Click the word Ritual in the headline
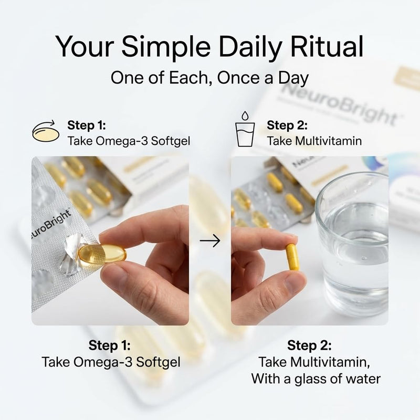click(x=327, y=46)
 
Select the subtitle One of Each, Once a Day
click(x=209, y=78)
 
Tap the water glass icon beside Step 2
click(x=245, y=129)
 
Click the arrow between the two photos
click(x=210, y=240)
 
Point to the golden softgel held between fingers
click(x=102, y=256)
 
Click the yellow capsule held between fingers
click(x=292, y=257)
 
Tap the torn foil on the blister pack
click(x=71, y=254)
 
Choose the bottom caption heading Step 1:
click(x=110, y=345)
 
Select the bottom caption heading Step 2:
click(x=309, y=345)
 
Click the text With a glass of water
click(x=316, y=379)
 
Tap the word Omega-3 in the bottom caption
click(x=103, y=362)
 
